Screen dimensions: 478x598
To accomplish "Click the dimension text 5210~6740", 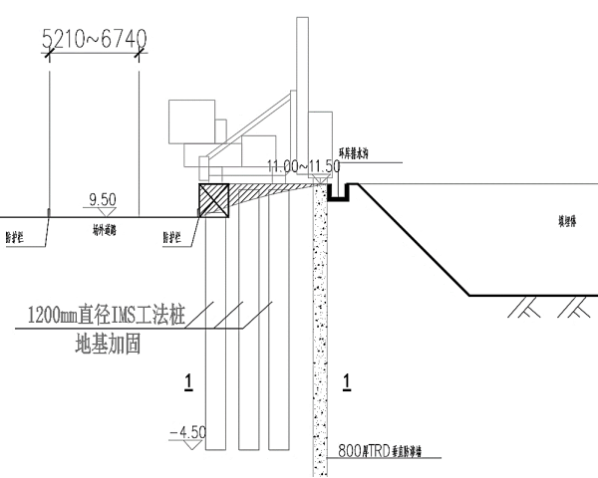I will click(x=95, y=39).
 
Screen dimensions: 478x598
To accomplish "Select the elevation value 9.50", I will click(x=104, y=200).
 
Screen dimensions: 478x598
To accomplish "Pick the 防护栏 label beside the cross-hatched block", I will click(x=173, y=237).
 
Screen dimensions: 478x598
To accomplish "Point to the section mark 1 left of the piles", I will click(x=186, y=379).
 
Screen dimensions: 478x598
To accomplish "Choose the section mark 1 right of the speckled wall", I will click(x=346, y=379).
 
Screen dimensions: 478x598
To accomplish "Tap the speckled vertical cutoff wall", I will click(x=319, y=329).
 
